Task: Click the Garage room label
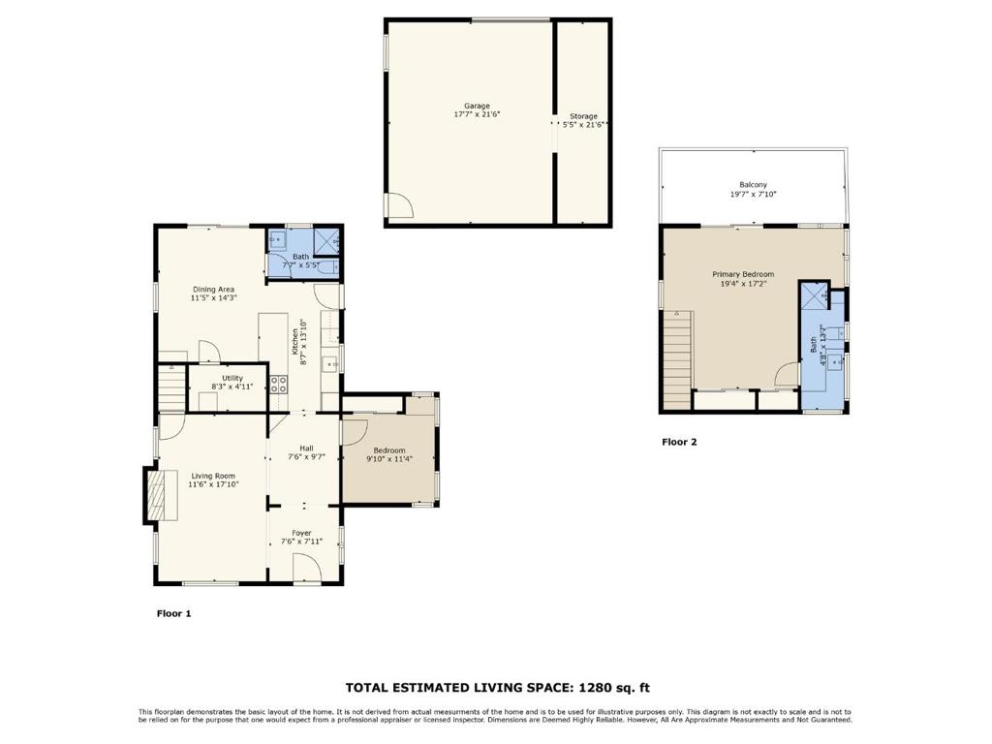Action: tap(477, 106)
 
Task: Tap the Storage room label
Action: tap(583, 116)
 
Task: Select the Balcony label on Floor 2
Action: tap(753, 184)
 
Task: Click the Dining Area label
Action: tap(213, 289)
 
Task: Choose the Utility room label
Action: tap(232, 378)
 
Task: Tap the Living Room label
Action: tap(213, 476)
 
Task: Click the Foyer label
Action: tap(302, 533)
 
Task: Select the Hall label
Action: tap(306, 448)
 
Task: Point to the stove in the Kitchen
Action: tap(278, 383)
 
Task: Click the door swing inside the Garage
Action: tap(398, 205)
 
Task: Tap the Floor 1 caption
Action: tap(174, 613)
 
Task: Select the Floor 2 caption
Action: tap(679, 442)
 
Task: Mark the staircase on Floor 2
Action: tap(678, 358)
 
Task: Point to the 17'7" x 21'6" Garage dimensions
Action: tap(477, 114)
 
